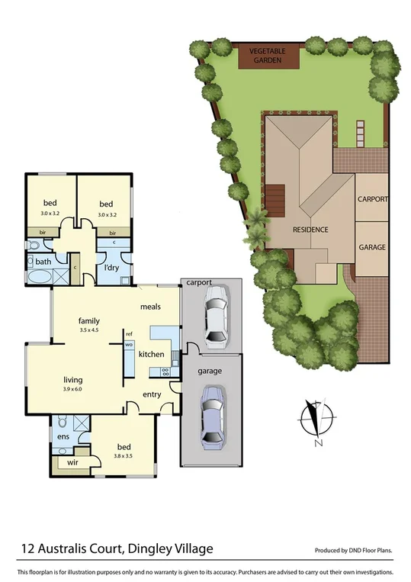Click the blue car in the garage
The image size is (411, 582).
[211, 416]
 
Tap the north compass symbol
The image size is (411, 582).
[319, 420]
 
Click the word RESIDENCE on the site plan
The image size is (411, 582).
[310, 229]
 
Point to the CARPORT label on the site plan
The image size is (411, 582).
[373, 199]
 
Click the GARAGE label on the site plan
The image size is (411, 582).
[373, 248]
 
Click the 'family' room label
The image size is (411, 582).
[89, 321]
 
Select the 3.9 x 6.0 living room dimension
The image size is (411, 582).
[73, 389]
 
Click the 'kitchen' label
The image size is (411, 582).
[151, 355]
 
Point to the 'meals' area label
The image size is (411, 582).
[150, 307]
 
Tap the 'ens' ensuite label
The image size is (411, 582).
[63, 436]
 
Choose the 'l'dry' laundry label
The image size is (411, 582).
[114, 268]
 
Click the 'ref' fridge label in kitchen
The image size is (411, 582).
[129, 334]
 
